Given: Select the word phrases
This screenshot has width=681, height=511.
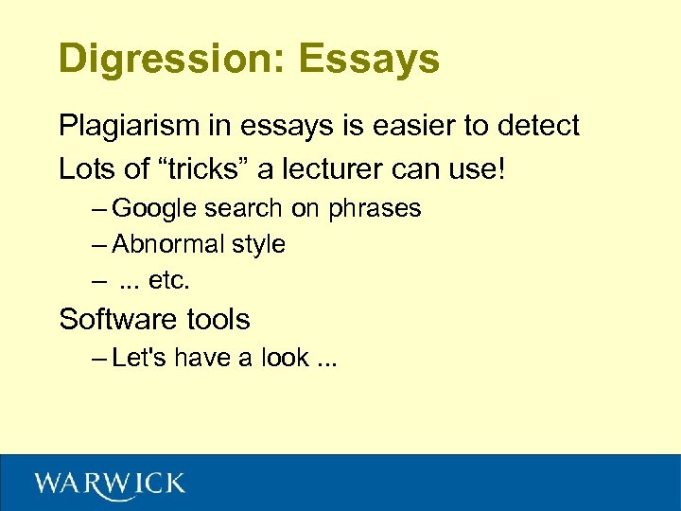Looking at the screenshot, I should [375, 209].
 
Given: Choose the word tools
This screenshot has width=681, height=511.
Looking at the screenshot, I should [218, 320].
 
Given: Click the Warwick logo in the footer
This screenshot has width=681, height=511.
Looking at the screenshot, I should [110, 485].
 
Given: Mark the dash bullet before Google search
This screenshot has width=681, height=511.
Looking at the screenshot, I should [99, 209].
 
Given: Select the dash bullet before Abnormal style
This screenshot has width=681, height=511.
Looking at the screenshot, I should [99, 245].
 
